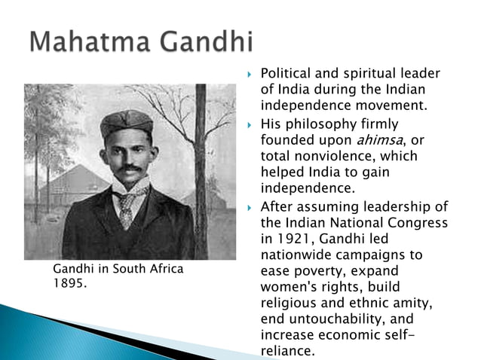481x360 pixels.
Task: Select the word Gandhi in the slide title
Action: [x=206, y=43]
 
